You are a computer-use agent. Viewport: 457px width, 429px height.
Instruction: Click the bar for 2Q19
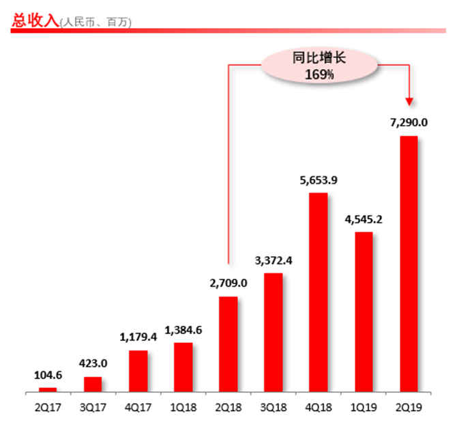coord(409,264)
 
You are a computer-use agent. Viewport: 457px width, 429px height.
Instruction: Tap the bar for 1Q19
coord(364,312)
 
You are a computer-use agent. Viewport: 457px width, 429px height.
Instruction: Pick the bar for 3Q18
coord(274,332)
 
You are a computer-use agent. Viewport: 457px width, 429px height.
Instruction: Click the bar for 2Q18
coord(228,344)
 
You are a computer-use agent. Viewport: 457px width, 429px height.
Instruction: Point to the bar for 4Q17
coord(138,371)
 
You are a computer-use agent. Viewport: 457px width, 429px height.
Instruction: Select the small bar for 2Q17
coord(48,389)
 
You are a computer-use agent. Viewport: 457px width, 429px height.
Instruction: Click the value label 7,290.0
coord(409,123)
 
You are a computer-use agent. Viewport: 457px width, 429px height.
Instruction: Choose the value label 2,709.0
coord(228,283)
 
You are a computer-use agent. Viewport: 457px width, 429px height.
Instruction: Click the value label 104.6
coord(48,374)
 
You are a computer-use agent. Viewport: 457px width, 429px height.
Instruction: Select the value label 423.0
coord(93,364)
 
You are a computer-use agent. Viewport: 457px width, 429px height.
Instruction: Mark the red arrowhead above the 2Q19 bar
coord(409,102)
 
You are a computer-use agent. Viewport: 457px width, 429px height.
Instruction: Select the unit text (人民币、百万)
coord(96,23)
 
